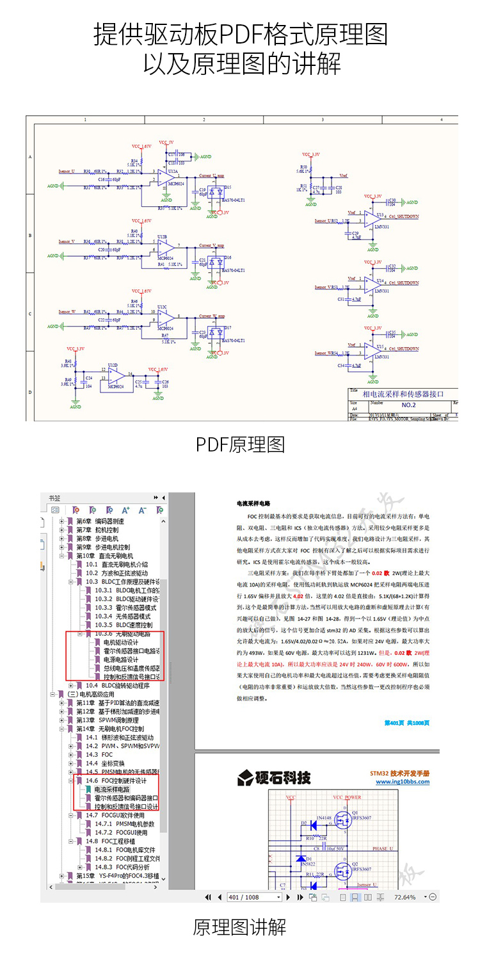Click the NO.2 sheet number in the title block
point(408,405)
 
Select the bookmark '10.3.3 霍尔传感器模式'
point(125,608)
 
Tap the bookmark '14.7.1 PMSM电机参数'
point(125,824)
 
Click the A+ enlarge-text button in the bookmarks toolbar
point(126,510)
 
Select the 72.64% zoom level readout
point(404,897)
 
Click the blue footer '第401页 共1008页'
point(406,722)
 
